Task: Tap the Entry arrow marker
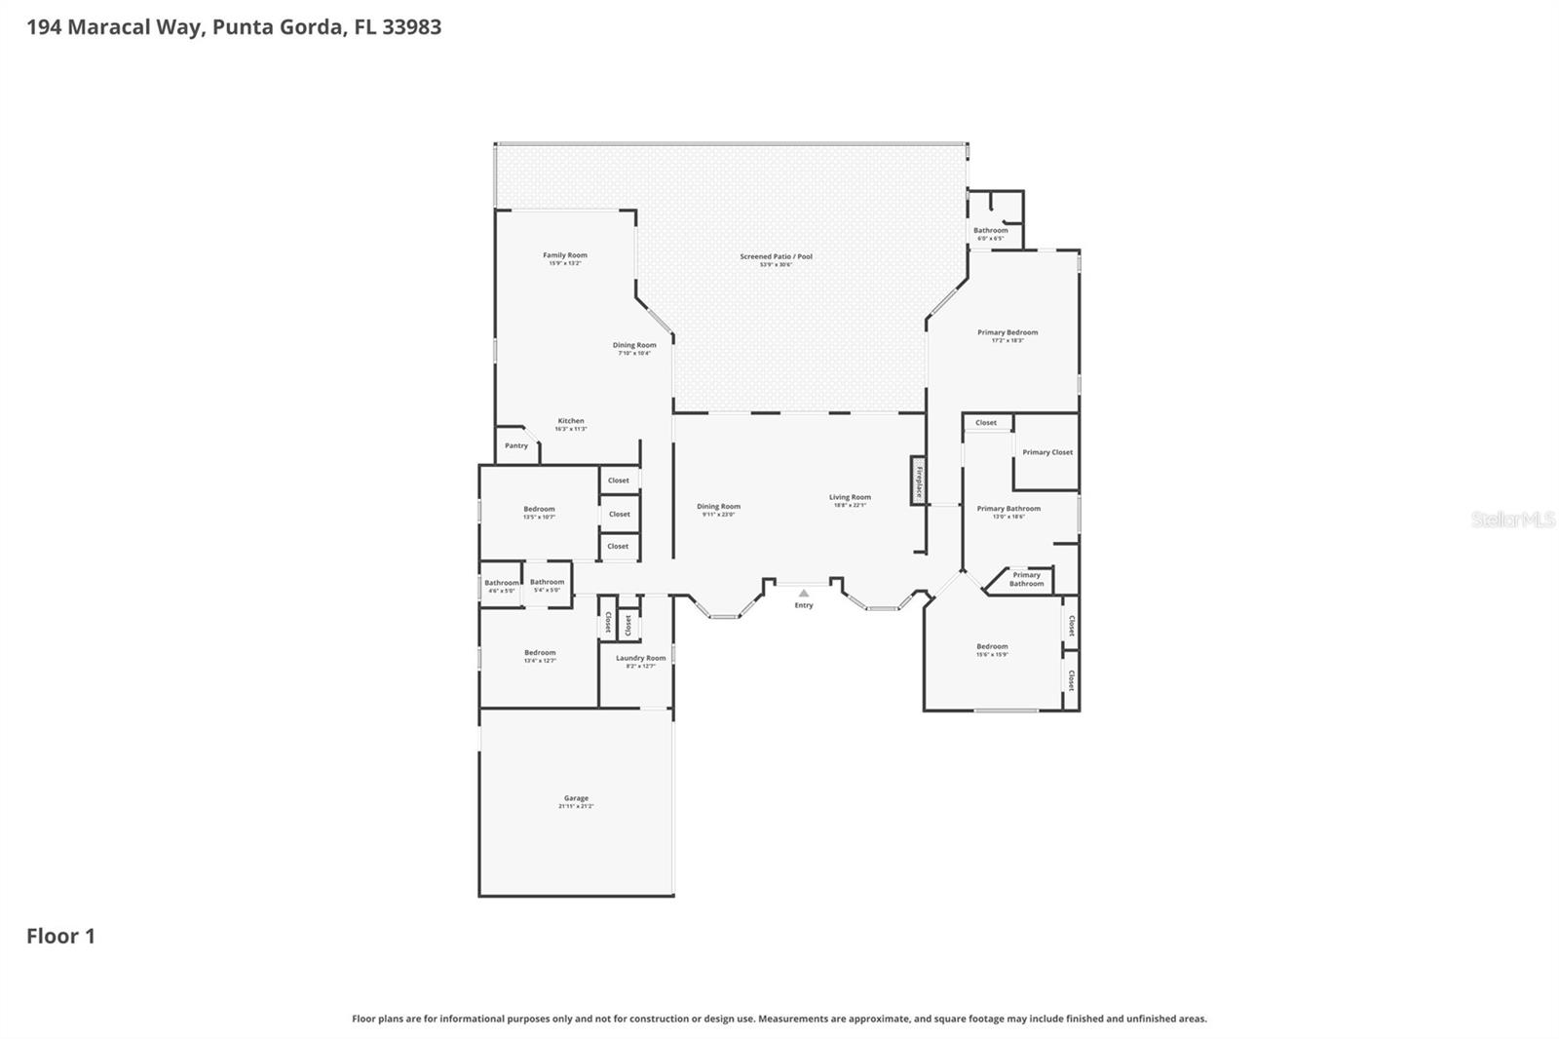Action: (804, 593)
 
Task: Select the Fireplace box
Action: (918, 481)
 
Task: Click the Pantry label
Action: (516, 445)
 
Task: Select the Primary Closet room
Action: (1047, 452)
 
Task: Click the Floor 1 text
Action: (60, 936)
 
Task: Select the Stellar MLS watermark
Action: (1512, 519)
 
